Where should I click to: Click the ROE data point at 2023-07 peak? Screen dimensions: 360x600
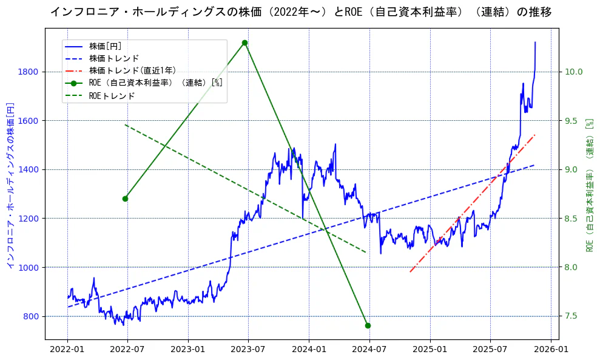tap(244, 42)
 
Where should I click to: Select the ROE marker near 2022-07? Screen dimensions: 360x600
tap(125, 199)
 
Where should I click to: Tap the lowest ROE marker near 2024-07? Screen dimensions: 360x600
tap(368, 325)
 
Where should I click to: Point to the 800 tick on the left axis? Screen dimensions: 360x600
tap(32, 316)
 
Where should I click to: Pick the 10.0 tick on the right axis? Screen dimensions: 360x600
tap(574, 72)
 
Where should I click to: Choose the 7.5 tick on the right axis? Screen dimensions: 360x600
tap(571, 316)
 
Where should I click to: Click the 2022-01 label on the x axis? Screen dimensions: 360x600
tap(67, 350)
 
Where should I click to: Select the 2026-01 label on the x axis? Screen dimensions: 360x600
tap(551, 350)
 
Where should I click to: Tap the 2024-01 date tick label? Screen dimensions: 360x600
tap(309, 350)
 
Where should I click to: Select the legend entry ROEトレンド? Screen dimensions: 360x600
tap(112, 96)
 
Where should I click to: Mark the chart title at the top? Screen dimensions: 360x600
tap(300, 12)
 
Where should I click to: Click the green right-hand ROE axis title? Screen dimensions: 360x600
tap(589, 185)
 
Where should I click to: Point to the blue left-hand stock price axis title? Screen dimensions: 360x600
tap(10, 185)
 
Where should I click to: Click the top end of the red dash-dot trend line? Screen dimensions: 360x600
tap(534, 135)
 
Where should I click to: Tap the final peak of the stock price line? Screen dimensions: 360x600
tap(535, 42)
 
